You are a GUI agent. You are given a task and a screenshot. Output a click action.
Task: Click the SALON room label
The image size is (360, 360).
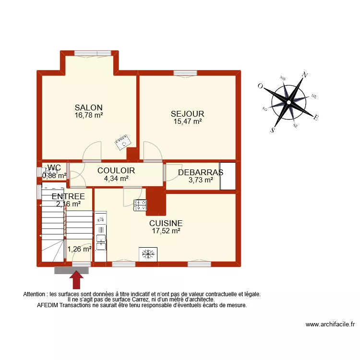[x=88, y=108]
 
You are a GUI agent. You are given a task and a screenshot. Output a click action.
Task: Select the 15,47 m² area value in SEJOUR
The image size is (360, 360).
[x=187, y=121]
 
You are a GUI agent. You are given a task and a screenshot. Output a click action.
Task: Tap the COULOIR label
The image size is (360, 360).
[x=116, y=170]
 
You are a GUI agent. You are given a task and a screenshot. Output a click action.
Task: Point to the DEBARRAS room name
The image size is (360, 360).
[x=201, y=173]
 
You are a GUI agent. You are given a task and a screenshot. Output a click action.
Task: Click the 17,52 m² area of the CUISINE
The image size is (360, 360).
[x=166, y=231]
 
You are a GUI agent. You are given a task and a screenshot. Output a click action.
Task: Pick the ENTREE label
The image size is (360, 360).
[x=68, y=196]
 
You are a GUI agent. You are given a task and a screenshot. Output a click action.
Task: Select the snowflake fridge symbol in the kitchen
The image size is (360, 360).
[x=148, y=254]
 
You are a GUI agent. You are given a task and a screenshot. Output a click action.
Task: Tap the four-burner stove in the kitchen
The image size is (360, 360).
[x=140, y=205]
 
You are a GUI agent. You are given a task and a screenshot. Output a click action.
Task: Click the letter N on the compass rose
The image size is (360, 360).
[x=304, y=75]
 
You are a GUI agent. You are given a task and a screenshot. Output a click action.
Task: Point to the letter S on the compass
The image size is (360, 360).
[x=272, y=130]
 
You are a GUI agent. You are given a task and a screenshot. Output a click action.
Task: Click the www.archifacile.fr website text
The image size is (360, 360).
[x=330, y=324]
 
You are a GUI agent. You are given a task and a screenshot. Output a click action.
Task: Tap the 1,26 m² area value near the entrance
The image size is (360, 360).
[x=79, y=249]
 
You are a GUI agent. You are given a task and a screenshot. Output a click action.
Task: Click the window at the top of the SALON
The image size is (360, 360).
[x=89, y=53]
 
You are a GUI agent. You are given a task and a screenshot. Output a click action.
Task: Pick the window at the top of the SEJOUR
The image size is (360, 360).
[x=185, y=73]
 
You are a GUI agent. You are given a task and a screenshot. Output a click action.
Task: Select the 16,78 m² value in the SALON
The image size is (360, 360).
[x=89, y=115]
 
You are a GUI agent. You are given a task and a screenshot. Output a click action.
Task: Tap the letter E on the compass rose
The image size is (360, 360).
[x=316, y=117]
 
